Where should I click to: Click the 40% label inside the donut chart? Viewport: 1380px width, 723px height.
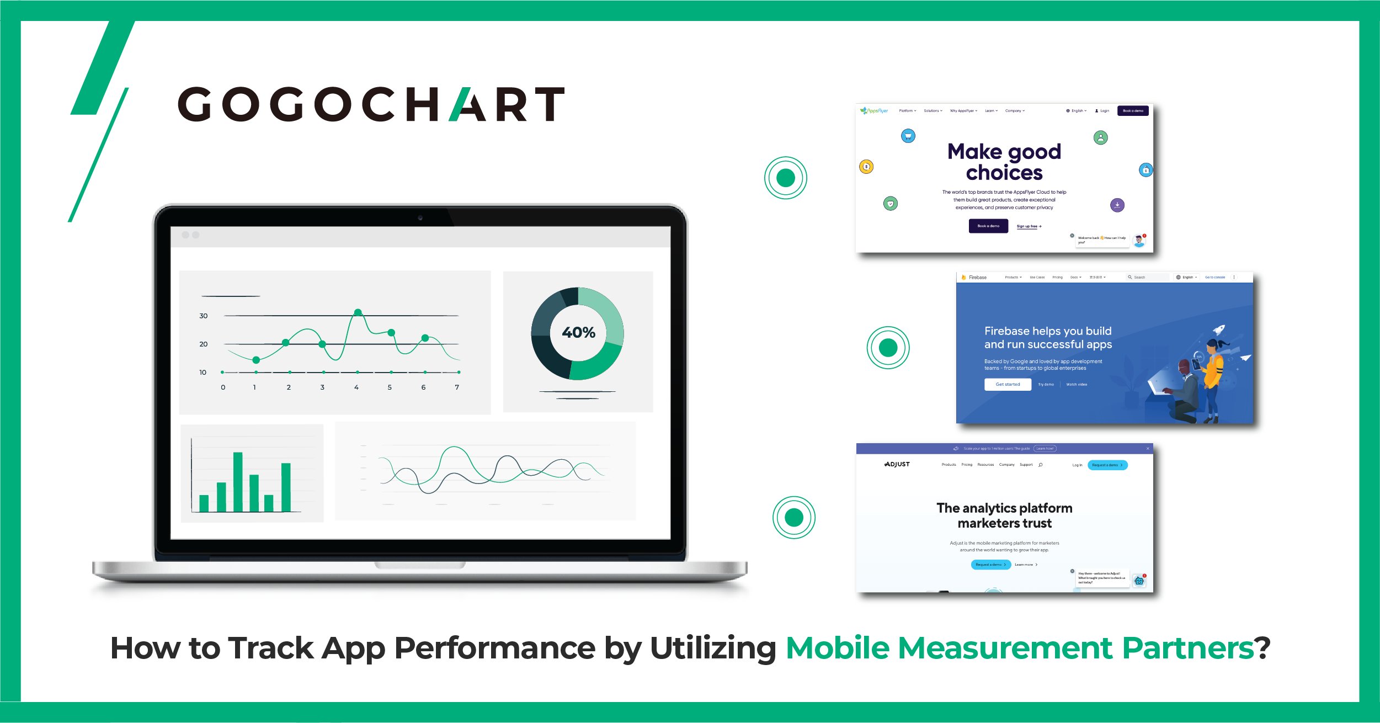[x=578, y=332]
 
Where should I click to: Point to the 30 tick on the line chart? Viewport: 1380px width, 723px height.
[x=204, y=316]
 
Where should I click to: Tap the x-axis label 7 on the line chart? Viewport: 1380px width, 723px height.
[x=457, y=387]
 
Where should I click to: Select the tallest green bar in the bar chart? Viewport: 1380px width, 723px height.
[x=238, y=482]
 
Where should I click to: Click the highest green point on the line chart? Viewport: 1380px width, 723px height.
[x=358, y=312]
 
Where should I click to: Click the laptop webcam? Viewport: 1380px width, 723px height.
[x=420, y=218]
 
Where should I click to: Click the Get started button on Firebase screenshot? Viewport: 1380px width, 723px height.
[x=1008, y=384]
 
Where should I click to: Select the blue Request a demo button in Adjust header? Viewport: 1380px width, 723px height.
[x=1107, y=465]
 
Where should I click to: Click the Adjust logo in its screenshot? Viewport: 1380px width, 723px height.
[x=897, y=464]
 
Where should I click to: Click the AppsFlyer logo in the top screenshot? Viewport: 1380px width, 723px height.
[x=874, y=111]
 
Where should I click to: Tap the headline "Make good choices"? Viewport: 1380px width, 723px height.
[x=1004, y=162]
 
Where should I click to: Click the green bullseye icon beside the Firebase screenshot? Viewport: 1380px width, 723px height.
[x=888, y=348]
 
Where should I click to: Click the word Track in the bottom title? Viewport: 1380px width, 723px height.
[x=271, y=648]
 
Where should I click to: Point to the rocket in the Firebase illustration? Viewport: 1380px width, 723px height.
[x=1219, y=330]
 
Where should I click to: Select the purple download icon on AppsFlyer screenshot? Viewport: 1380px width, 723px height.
[x=1117, y=205]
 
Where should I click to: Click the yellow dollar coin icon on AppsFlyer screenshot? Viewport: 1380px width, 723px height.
[x=866, y=167]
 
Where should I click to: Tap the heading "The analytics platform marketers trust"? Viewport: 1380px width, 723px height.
[x=1004, y=515]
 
